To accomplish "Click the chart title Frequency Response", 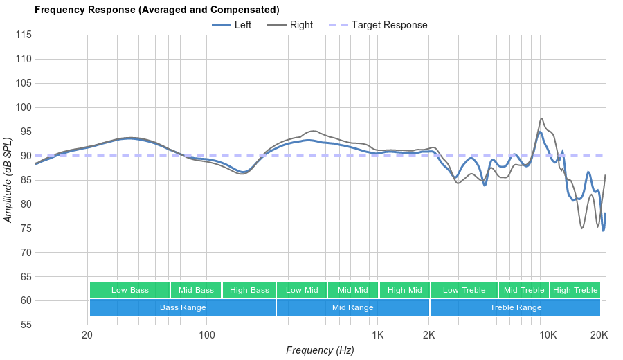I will click(x=156, y=10).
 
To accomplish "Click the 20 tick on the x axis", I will click(x=87, y=335).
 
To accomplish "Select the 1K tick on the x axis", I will click(x=378, y=335).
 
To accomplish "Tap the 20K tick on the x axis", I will click(x=599, y=335).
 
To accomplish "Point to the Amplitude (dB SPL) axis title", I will click(x=8, y=180).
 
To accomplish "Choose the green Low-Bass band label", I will click(x=129, y=290).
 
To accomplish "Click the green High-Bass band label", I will click(x=249, y=290).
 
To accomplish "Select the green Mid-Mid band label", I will click(x=353, y=290).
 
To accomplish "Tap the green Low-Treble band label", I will click(x=464, y=290).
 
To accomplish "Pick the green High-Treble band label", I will click(x=575, y=290).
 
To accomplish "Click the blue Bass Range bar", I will click(x=183, y=307).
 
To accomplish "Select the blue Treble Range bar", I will click(x=516, y=307).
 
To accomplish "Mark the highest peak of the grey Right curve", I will click(x=541, y=118).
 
